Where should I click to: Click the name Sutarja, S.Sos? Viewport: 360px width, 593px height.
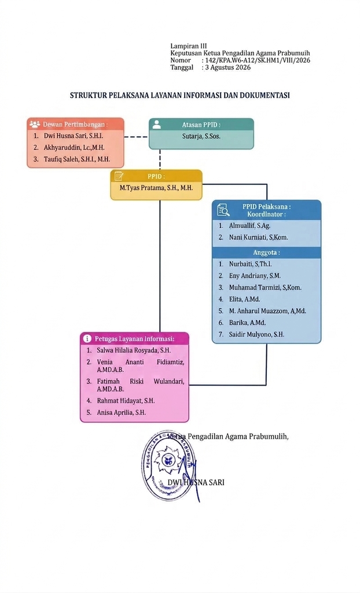(x=201, y=136)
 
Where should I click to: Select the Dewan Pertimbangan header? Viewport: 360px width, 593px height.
(x=75, y=125)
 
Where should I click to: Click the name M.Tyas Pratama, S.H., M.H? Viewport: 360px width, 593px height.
(x=156, y=188)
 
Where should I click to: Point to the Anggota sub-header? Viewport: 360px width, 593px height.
(x=267, y=252)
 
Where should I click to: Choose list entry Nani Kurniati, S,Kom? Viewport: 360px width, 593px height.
(x=258, y=237)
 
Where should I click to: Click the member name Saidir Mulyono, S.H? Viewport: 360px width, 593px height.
(x=256, y=334)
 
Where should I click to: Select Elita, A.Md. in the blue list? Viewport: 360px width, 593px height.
(x=244, y=299)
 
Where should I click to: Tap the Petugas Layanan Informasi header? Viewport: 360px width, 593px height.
(x=134, y=339)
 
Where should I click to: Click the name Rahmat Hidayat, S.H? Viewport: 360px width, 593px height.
(x=126, y=401)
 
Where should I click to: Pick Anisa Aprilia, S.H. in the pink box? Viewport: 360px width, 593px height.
(x=121, y=412)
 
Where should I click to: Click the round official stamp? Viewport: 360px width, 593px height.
(x=168, y=465)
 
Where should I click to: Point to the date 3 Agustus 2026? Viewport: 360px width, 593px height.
(x=227, y=68)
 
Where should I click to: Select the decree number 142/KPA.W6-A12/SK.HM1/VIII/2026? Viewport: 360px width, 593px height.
(x=258, y=60)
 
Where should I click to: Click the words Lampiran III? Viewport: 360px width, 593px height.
(x=188, y=46)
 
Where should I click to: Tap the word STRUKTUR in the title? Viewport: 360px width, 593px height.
(x=89, y=96)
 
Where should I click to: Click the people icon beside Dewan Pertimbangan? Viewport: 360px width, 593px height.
(x=35, y=124)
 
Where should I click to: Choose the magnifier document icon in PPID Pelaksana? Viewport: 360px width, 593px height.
(x=223, y=210)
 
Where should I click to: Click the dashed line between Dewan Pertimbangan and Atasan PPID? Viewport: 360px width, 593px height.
(x=136, y=137)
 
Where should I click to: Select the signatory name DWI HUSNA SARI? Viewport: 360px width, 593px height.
(x=196, y=482)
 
